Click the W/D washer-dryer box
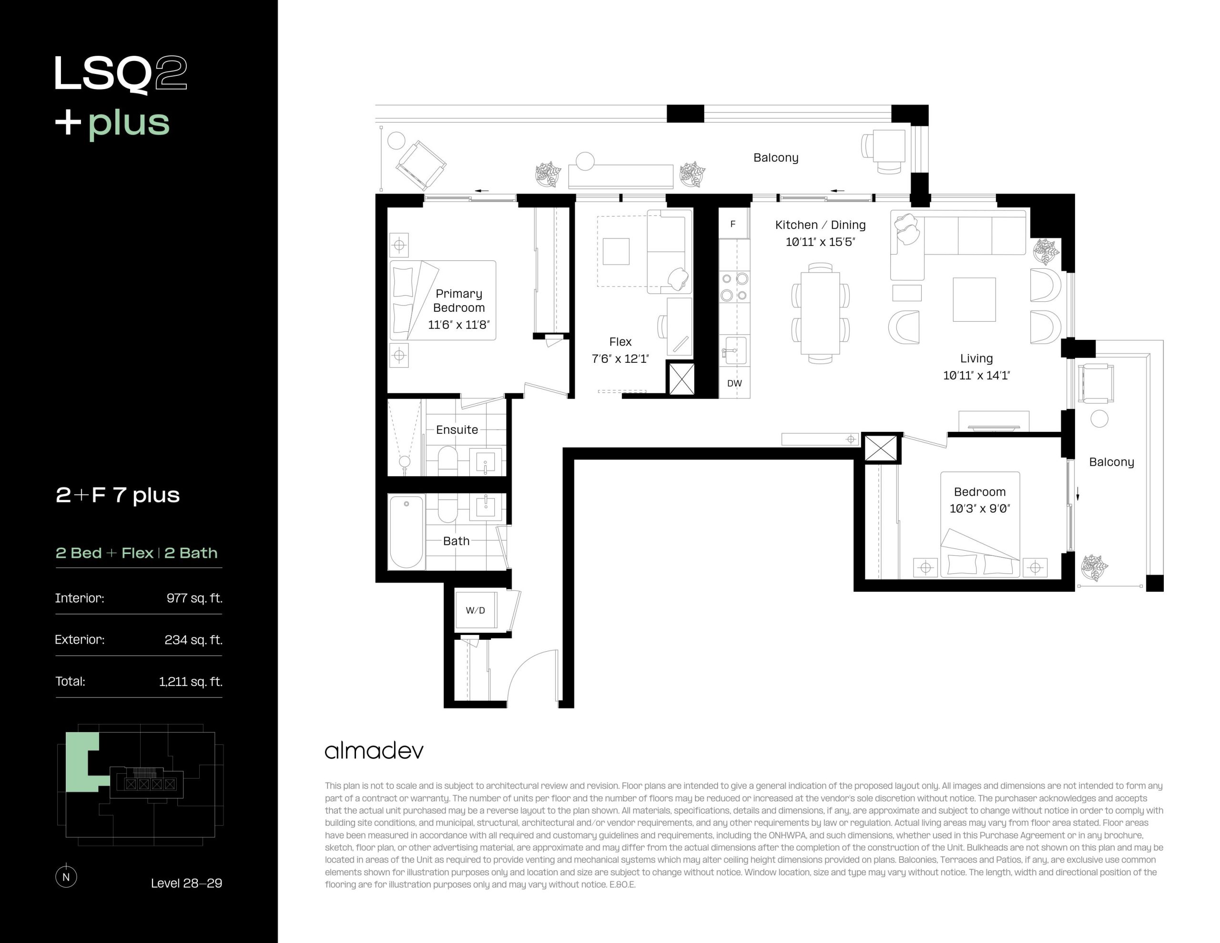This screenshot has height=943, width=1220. [x=476, y=610]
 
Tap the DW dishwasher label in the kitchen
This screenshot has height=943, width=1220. [x=734, y=383]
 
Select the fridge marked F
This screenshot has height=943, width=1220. [x=733, y=224]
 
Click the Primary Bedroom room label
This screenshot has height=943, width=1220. [x=458, y=301]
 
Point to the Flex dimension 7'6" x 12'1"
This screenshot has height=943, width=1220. [x=620, y=359]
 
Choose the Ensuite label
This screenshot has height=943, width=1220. [x=457, y=430]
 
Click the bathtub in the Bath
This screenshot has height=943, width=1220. [x=406, y=532]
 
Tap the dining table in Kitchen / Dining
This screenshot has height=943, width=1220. [x=820, y=313]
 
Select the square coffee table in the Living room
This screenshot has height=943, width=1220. [x=974, y=299]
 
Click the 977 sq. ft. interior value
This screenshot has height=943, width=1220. [x=194, y=598]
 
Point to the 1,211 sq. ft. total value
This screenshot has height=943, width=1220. [x=191, y=681]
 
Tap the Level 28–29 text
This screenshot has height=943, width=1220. [x=187, y=883]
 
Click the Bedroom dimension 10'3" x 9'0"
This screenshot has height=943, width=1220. [x=980, y=509]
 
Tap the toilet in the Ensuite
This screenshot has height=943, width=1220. [x=447, y=460]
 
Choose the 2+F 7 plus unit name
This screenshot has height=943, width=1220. [x=118, y=495]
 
